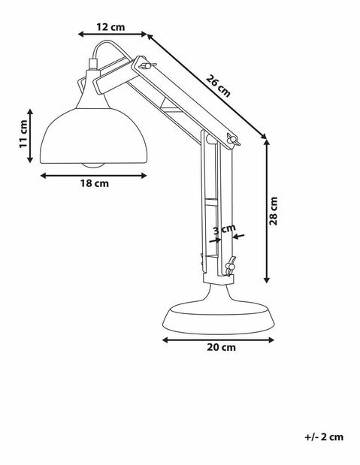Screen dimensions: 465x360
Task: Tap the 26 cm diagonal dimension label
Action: point(219,83)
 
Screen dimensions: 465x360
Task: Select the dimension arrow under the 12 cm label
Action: point(113,35)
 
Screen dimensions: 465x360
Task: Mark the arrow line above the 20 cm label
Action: point(218,339)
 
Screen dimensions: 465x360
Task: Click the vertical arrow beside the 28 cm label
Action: point(267,211)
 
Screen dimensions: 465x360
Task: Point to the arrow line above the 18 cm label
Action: point(93,175)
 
